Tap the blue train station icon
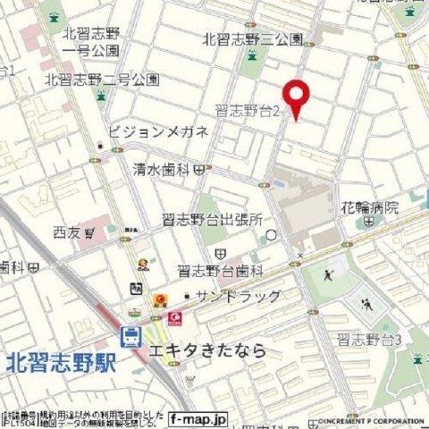131,337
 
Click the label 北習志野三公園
253,39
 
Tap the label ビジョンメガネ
158,132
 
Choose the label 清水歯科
165,167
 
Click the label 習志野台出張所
218,219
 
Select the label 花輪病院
369,207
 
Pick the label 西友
66,232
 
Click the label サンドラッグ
239,297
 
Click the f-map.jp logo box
199,417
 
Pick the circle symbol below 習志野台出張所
272,235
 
